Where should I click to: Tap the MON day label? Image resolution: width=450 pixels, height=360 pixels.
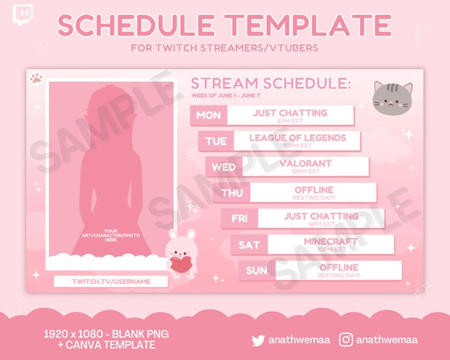[208, 115]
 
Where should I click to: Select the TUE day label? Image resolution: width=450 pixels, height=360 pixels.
[216, 141]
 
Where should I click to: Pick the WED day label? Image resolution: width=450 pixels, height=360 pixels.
[223, 167]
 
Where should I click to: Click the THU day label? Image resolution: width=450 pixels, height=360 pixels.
[231, 193]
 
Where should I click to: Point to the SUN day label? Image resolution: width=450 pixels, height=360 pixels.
[256, 271]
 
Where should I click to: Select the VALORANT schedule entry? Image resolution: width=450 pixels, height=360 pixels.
[305, 163]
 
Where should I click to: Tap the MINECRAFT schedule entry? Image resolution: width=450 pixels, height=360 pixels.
[330, 242]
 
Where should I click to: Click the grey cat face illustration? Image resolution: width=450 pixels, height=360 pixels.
[392, 99]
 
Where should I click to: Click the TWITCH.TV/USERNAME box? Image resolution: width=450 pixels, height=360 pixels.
[111, 281]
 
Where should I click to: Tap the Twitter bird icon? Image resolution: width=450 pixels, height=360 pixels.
[258, 340]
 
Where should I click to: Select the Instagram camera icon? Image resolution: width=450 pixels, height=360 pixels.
[346, 340]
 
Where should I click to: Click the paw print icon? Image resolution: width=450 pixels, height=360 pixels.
[36, 79]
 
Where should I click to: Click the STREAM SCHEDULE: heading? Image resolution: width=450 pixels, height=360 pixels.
[271, 84]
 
